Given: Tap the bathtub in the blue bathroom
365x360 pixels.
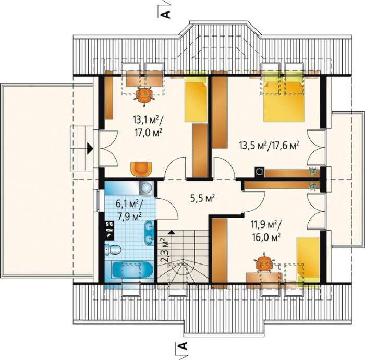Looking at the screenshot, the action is coord(132,270).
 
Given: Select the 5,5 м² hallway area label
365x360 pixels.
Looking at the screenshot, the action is coord(202,199).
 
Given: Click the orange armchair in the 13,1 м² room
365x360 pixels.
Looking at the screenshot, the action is coord(141,169).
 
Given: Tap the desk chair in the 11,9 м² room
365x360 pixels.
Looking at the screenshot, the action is coord(264,263).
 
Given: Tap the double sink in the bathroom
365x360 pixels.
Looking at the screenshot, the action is coord(149,233).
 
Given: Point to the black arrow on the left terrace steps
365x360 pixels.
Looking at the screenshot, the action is coord(90,148).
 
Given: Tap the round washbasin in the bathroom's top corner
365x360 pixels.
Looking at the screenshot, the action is coord(147,188).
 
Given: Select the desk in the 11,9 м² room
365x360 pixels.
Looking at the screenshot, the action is coord(264,278).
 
